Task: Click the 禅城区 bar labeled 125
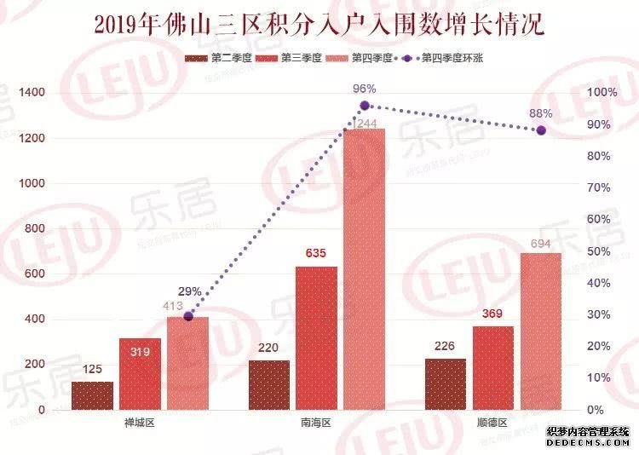pos(92,395)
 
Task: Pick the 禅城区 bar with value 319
pos(140,374)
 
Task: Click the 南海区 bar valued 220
pos(269,385)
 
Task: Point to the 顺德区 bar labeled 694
pos(541,331)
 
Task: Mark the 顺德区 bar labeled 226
pos(446,384)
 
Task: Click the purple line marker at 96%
pos(365,106)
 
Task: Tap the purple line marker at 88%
pos(541,130)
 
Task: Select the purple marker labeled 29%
pos(189,316)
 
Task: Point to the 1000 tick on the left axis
pos(26,183)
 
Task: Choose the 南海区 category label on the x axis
pos(316,423)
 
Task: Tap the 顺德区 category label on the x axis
pos(492,423)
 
